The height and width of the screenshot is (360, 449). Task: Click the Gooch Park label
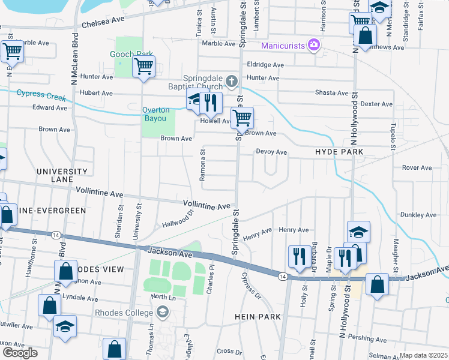[132, 54]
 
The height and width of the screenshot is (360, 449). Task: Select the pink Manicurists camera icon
[313, 45]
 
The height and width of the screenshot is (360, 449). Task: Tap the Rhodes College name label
[124, 312]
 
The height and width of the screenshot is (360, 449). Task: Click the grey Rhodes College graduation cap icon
[161, 311]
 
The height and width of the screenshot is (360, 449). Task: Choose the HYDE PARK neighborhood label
[339, 153]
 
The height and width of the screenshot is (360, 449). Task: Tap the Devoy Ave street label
[271, 152]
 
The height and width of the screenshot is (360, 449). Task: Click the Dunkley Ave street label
[418, 215]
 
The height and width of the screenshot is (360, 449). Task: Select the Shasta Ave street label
[332, 93]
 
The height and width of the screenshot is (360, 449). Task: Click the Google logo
[20, 353]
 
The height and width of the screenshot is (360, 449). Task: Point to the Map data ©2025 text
[423, 355]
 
